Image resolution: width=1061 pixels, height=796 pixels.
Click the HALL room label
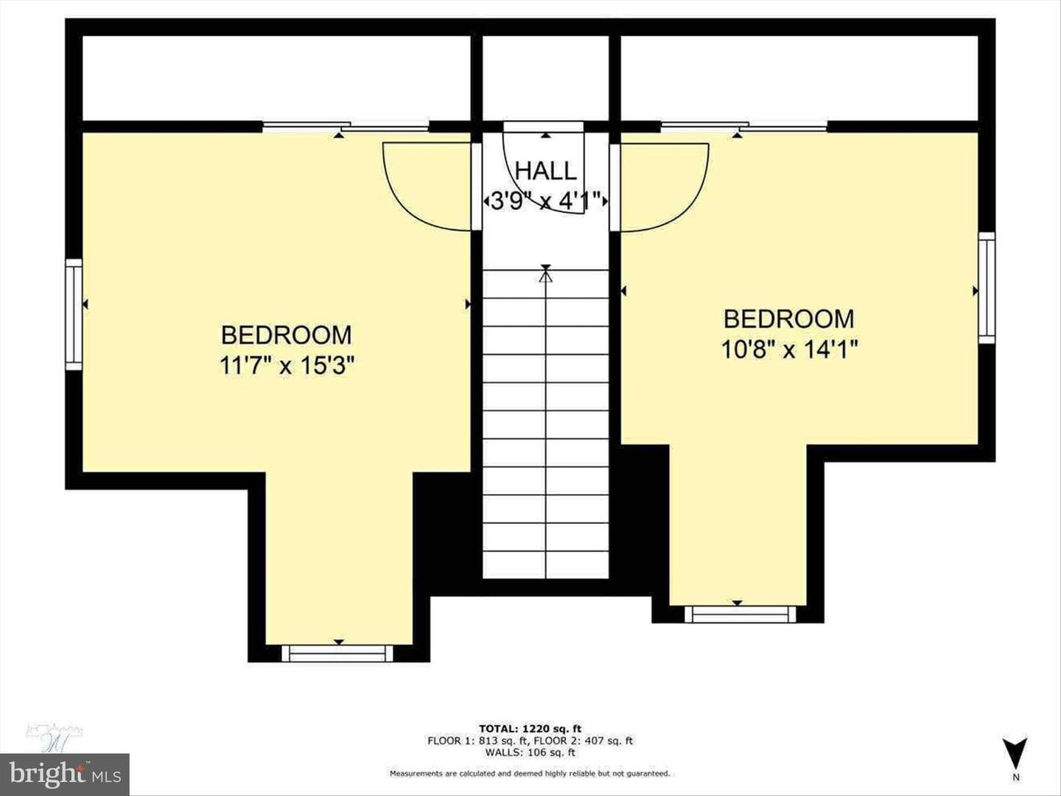coord(546,170)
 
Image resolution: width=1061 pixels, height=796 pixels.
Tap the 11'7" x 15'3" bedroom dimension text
coord(287,366)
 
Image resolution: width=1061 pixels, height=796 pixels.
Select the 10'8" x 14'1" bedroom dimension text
coord(789,349)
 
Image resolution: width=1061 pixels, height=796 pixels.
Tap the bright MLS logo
coord(65,774)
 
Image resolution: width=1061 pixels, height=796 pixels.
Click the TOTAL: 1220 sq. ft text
coord(530,728)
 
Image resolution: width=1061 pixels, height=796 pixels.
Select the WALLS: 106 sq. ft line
coord(530,752)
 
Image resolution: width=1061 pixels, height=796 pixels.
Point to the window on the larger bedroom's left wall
coord(74,314)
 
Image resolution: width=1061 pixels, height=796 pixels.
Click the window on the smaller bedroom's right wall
coord(987,287)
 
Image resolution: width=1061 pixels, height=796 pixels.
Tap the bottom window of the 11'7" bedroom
coord(337,653)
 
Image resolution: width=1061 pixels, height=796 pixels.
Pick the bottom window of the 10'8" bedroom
coord(740,614)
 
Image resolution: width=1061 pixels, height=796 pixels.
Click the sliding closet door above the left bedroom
coord(346,127)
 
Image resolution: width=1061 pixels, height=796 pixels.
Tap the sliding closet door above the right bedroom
coord(744,127)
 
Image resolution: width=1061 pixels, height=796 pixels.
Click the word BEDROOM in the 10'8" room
coord(789,319)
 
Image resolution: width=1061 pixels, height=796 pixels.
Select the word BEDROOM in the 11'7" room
coord(287,335)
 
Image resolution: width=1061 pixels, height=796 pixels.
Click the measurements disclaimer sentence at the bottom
coord(530,774)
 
